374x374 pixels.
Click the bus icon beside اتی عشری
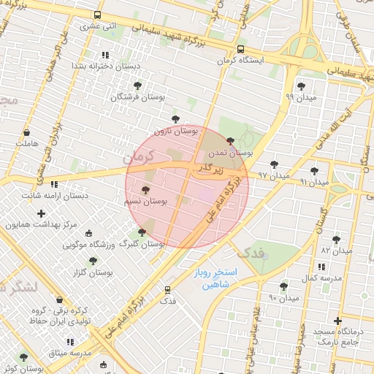[98, 15]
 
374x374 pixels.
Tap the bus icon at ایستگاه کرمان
[241, 50]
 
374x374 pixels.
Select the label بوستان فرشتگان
[139, 96]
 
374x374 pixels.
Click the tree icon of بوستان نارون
[175, 119]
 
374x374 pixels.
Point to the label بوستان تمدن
[230, 153]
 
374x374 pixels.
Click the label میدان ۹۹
[300, 96]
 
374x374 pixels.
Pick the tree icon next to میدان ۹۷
[274, 164]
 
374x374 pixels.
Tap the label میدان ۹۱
[315, 180]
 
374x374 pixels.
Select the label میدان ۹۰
[284, 297]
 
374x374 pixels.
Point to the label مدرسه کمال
[322, 278]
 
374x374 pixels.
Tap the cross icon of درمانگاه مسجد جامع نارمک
[337, 321]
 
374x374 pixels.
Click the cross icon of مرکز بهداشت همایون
[41, 213]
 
